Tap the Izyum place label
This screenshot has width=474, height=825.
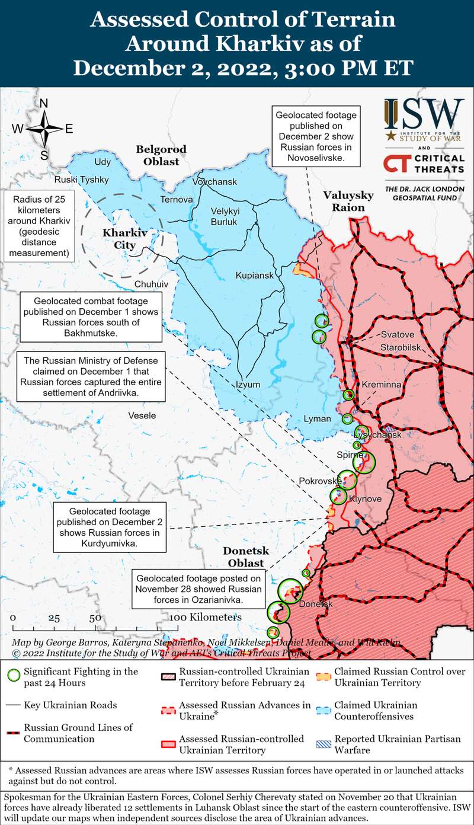tap(248, 384)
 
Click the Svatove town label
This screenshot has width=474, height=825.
tap(398, 334)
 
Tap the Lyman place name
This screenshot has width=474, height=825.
tap(317, 418)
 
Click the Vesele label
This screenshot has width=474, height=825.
tap(142, 415)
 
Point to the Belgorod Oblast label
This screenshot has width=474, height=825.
tap(161, 155)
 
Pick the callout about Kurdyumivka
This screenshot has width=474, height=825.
tap(110, 527)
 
